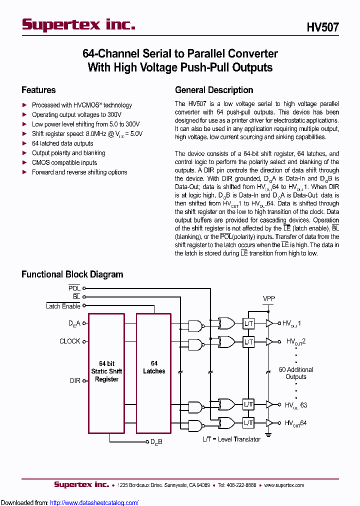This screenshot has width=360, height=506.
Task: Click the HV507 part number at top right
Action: [322, 27]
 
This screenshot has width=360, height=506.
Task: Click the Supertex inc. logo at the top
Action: [78, 24]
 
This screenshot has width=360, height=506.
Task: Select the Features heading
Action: [38, 90]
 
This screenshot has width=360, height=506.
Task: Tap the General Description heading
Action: [214, 90]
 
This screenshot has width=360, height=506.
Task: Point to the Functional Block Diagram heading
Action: [72, 274]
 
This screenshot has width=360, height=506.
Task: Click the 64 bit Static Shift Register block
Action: [106, 372]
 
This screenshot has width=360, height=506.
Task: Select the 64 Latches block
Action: [154, 367]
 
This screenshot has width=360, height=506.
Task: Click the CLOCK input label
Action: [69, 341]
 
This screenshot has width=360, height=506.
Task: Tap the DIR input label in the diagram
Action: [75, 380]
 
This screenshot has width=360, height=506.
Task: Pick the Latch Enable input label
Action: [63, 306]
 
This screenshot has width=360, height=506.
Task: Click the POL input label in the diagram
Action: [74, 288]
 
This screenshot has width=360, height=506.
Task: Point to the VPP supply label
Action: [269, 298]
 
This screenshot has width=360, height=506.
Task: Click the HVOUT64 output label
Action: [295, 423]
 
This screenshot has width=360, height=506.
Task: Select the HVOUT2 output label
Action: [295, 342]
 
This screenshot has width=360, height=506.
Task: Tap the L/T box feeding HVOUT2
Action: [248, 342]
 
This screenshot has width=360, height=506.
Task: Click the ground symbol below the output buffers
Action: [269, 433]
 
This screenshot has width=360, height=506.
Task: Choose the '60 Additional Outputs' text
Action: [295, 373]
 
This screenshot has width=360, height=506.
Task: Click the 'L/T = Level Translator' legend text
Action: [231, 439]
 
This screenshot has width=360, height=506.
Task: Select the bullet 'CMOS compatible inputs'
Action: [64, 162]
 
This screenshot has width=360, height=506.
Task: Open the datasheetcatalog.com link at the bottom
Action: [94, 502]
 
